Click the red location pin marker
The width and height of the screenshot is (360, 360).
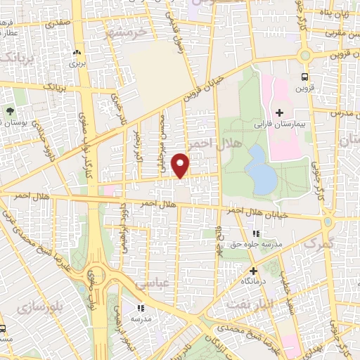tap(181, 165)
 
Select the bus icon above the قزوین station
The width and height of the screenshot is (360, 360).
tap(304, 77)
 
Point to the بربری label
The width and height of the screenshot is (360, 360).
tap(76, 63)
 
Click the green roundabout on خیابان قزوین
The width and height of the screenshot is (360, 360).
tap(304, 56)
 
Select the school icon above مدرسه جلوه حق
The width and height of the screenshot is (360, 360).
tap(256, 233)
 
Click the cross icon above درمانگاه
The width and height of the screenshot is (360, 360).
tap(253, 270)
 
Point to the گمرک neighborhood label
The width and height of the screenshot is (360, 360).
tap(318, 243)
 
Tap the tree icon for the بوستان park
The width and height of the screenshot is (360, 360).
tap(10, 110)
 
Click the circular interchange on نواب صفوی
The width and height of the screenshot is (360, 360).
tap(94, 279)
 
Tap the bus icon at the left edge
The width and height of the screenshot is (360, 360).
tap(3, 328)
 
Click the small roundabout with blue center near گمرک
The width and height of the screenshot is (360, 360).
tap(328, 222)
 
